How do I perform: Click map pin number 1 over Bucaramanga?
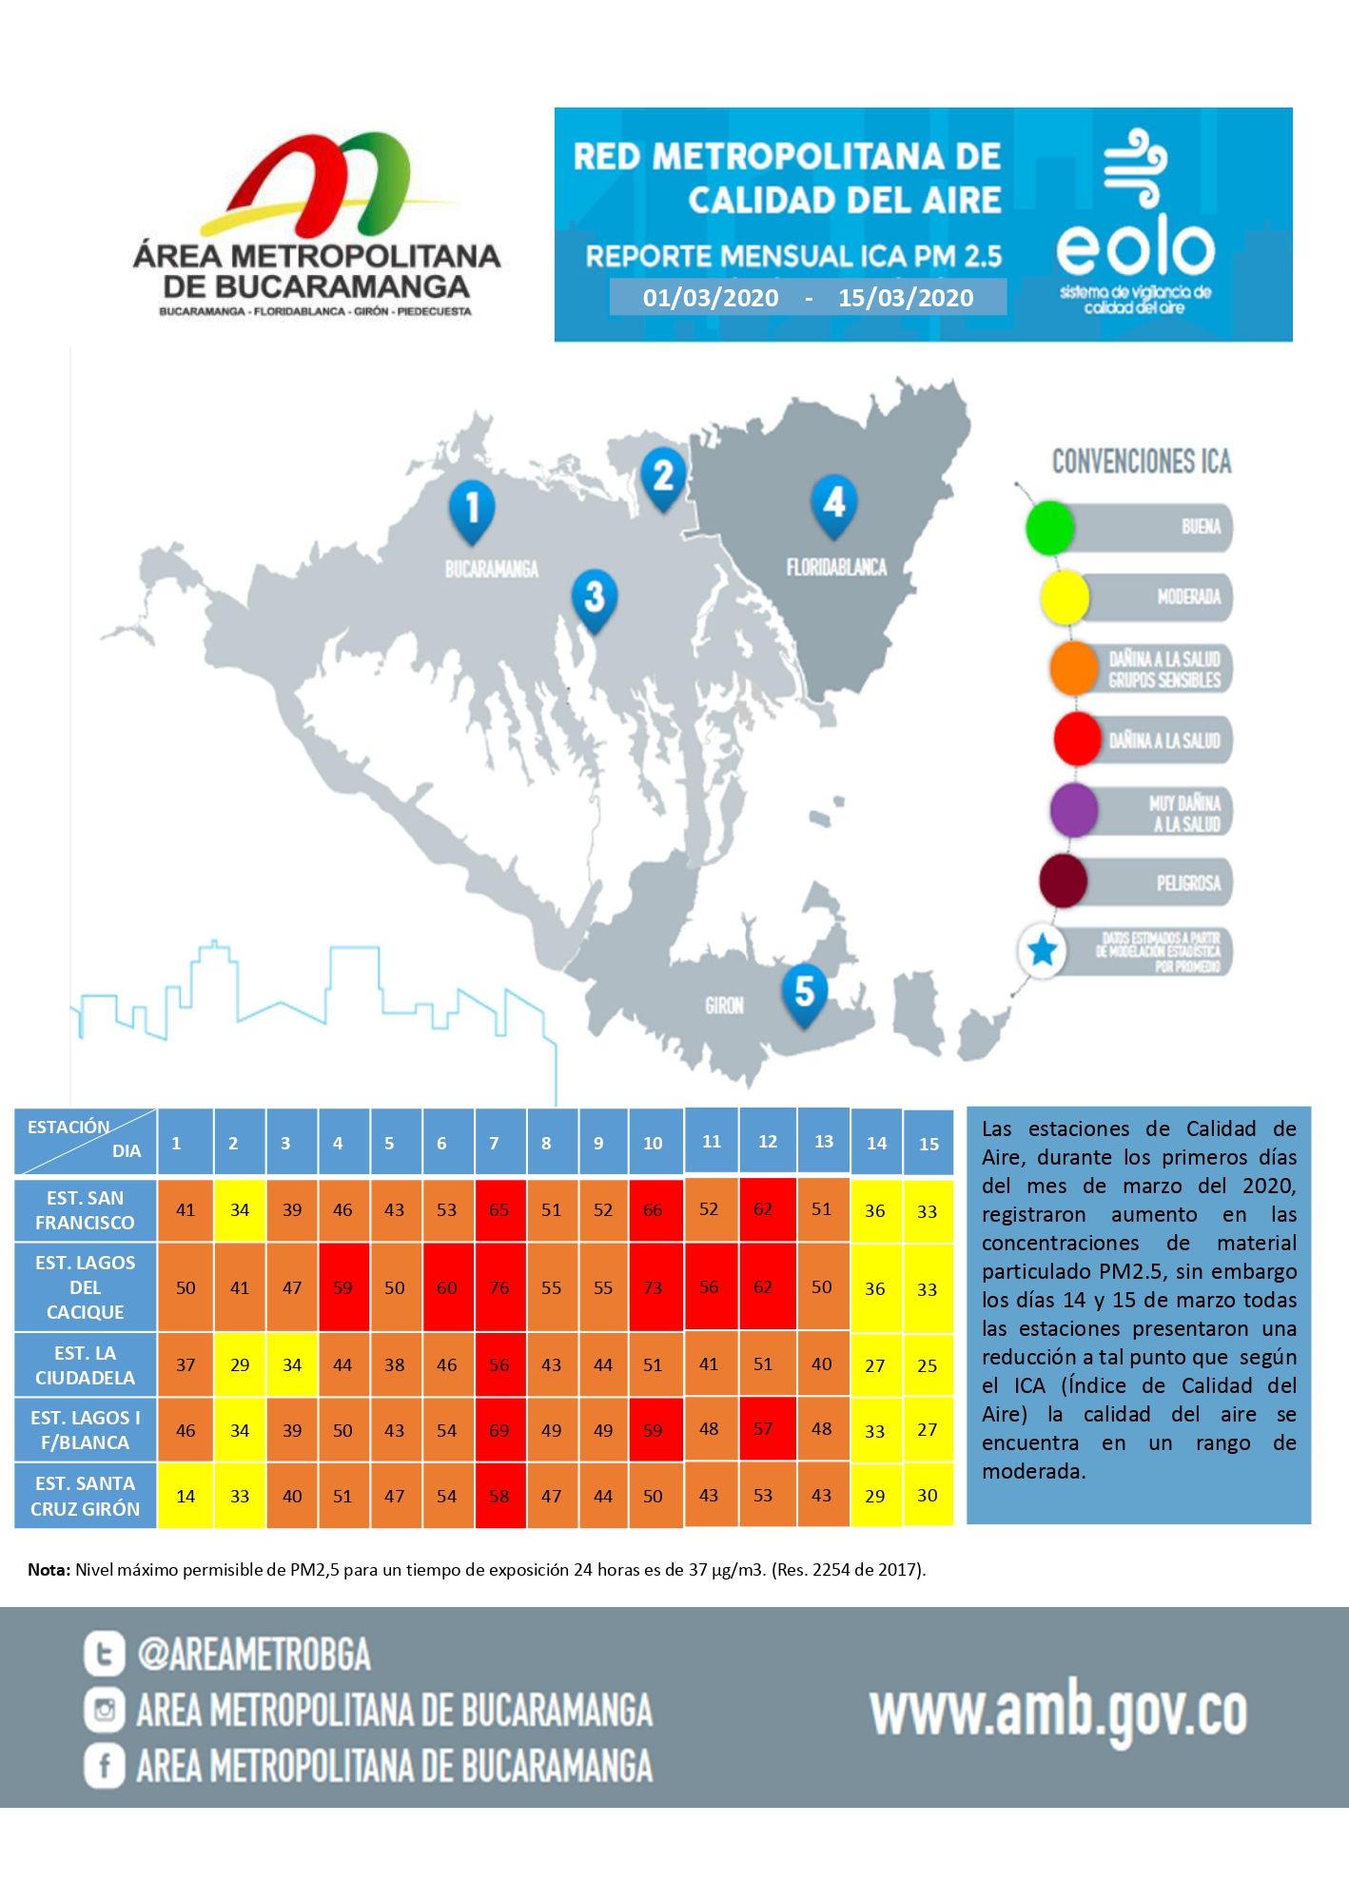coord(472,509)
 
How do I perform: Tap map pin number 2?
coord(663,477)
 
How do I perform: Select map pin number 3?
coord(594,598)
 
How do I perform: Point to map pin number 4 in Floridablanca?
coord(834,503)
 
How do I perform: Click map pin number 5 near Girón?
coord(804,991)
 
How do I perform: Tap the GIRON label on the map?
coord(724,1006)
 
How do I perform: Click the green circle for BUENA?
coord(1049,527)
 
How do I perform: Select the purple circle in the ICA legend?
coord(1074,811)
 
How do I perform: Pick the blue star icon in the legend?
coord(1043,951)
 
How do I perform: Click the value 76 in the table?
coord(499,1287)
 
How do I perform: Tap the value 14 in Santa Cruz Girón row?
coord(186,1496)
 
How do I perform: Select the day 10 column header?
coord(653,1143)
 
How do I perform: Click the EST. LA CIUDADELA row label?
coord(86,1364)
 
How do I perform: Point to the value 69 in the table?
coord(499,1430)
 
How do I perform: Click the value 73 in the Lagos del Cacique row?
coord(653,1287)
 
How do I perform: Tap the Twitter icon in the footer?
coord(104,1654)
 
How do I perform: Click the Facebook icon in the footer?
coord(104,1766)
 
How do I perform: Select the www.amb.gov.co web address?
coord(1058,1712)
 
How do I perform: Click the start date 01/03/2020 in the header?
coord(711,298)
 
